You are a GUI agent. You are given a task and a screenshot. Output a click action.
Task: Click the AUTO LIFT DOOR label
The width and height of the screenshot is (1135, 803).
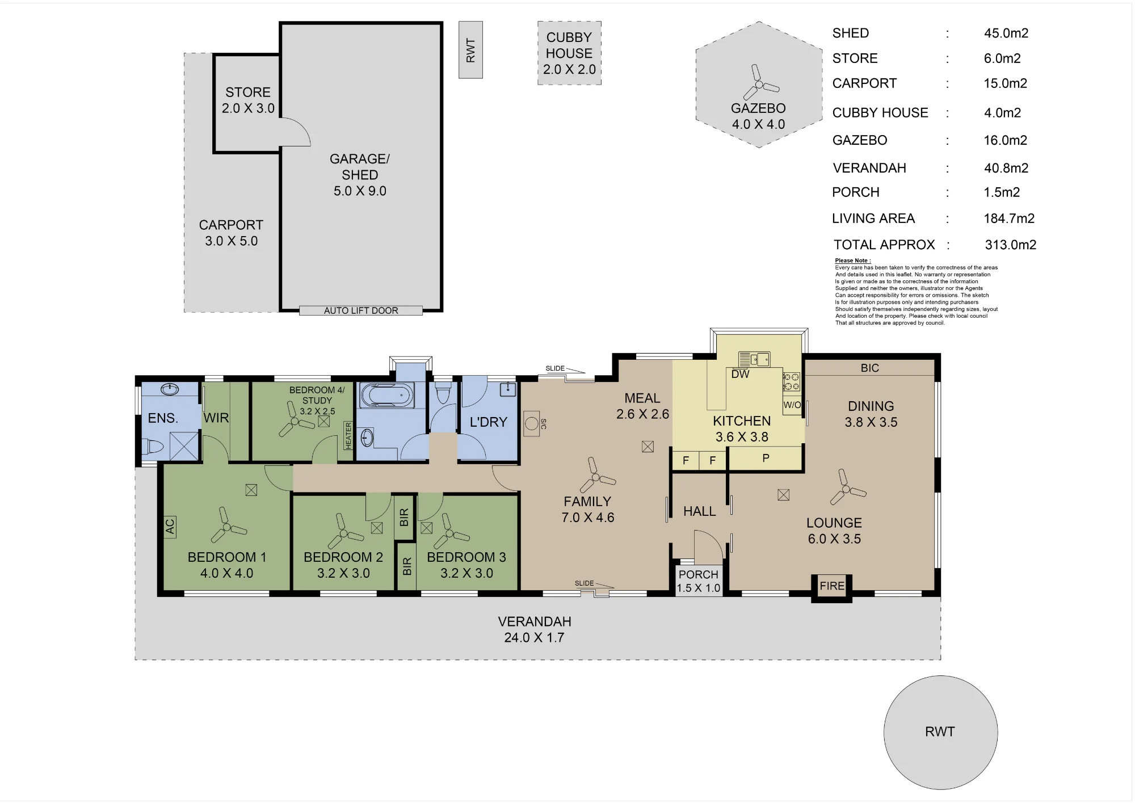click(x=361, y=310)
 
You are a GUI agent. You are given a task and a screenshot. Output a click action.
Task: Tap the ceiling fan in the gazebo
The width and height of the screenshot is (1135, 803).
click(x=759, y=84)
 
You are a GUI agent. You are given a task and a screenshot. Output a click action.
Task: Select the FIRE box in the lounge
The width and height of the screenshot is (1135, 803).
click(x=832, y=586)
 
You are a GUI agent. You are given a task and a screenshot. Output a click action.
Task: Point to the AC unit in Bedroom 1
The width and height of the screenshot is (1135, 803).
click(x=170, y=527)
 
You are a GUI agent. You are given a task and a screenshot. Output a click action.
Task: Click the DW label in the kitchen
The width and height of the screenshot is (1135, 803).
click(x=740, y=374)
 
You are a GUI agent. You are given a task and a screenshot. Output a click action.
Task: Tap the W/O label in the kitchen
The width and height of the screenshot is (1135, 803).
click(x=792, y=405)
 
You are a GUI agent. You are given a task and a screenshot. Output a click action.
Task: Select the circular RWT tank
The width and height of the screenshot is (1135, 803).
click(x=940, y=732)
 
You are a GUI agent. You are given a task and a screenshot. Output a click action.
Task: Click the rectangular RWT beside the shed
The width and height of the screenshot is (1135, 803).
click(x=470, y=50)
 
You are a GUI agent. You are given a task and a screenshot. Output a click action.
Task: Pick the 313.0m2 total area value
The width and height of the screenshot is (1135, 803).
click(x=1010, y=245)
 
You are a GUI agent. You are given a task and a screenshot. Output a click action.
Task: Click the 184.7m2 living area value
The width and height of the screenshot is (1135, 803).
click(x=1009, y=218)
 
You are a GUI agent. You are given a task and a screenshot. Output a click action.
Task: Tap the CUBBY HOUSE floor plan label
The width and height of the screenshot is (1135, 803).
click(x=569, y=45)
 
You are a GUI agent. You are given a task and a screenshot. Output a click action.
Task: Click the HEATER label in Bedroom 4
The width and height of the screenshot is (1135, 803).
click(x=348, y=436)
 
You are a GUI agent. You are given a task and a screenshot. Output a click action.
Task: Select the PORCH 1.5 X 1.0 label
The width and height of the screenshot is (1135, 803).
click(x=699, y=581)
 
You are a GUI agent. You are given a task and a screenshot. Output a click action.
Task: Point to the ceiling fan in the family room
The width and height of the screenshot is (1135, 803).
click(x=596, y=476)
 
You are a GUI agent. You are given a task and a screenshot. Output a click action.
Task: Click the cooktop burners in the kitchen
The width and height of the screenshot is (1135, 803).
click(x=791, y=382)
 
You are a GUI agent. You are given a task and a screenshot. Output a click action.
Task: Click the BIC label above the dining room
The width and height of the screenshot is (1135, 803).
click(x=869, y=368)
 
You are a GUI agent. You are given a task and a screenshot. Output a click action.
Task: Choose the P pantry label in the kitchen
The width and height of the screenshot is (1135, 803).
click(x=766, y=458)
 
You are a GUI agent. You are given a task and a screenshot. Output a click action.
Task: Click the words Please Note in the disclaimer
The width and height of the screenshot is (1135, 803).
click(x=852, y=260)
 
